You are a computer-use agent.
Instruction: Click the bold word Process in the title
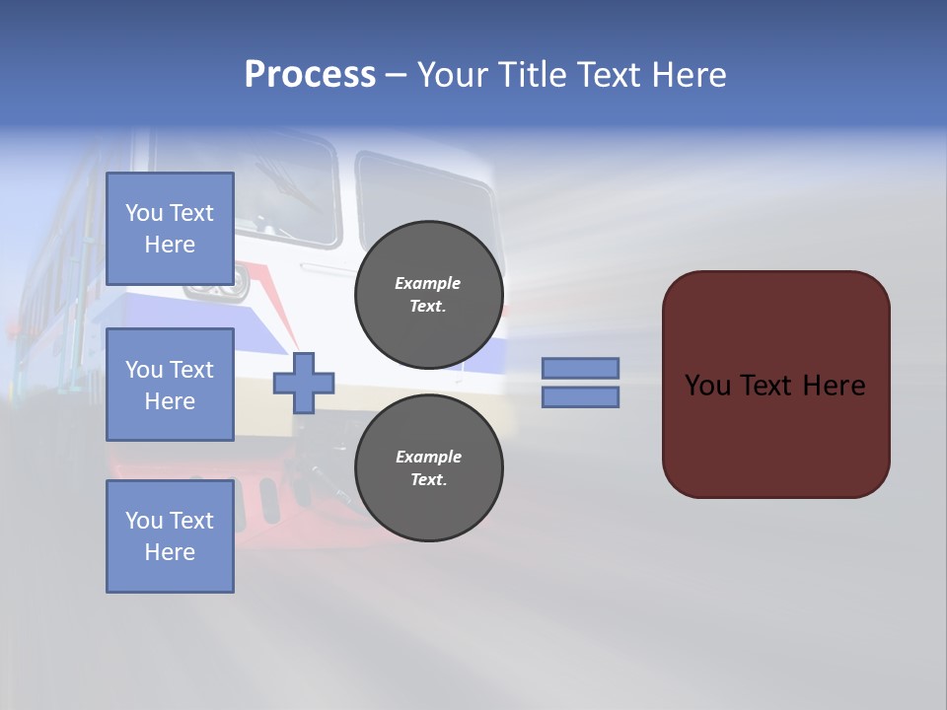[x=310, y=75]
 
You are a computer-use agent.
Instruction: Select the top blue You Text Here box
[x=170, y=229]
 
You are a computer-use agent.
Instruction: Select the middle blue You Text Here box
[x=170, y=385]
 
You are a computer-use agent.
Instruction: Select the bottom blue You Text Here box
[x=170, y=535]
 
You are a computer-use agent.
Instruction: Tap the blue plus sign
[x=304, y=383]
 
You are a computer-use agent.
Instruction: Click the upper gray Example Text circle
[x=429, y=295]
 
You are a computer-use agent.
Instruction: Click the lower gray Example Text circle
[x=429, y=468]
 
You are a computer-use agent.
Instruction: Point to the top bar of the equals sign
[x=581, y=368]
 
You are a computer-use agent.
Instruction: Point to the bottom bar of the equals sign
[x=581, y=396]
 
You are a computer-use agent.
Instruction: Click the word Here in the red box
[x=834, y=386]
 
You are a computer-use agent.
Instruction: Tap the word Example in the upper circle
[x=428, y=283]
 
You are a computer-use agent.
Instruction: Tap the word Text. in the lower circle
[x=428, y=480]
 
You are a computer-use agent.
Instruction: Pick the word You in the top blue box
[x=144, y=213]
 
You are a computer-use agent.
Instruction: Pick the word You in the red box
[x=707, y=386]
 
